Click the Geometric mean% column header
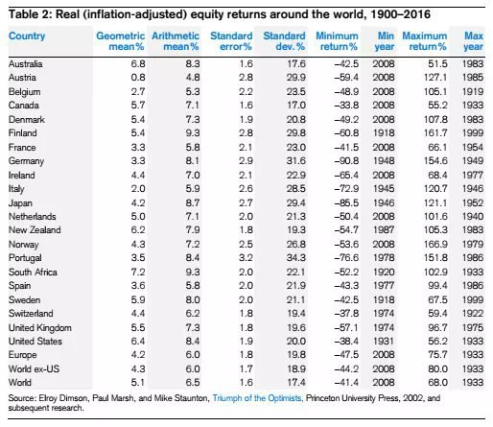(x=121, y=41)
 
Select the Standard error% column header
(x=231, y=41)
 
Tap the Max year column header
(x=474, y=41)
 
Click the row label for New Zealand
(x=35, y=230)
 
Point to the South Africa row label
(x=33, y=272)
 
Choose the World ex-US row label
(x=34, y=368)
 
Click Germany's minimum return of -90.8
(x=346, y=160)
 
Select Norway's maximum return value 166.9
(x=435, y=244)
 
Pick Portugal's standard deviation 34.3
(x=295, y=257)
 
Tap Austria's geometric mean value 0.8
(x=138, y=78)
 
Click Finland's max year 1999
(x=473, y=132)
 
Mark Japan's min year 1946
(x=384, y=202)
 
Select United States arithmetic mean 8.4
(x=193, y=341)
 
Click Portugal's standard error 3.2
(x=246, y=257)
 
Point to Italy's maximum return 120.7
(x=435, y=188)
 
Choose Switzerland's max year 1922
(x=473, y=313)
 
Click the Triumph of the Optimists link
(x=257, y=398)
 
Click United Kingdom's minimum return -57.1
(x=346, y=327)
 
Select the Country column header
(x=27, y=36)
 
